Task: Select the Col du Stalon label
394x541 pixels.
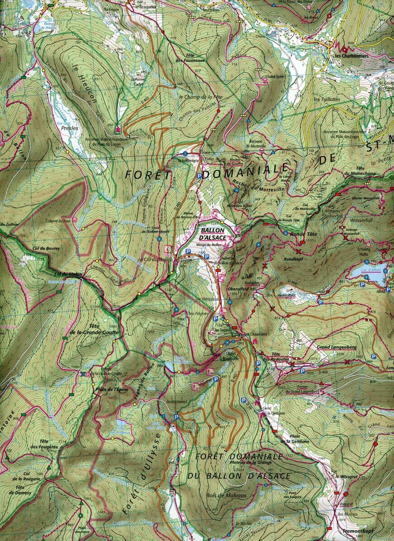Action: [63, 274]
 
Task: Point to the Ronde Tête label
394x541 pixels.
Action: [302, 233]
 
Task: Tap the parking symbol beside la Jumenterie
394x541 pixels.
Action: [199, 176]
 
